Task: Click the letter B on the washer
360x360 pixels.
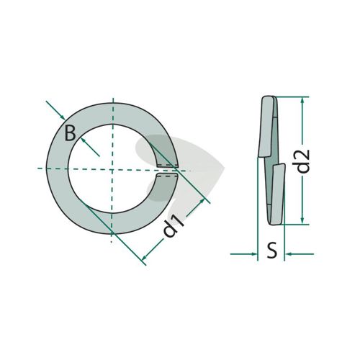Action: (71, 134)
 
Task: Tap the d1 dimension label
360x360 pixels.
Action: (174, 226)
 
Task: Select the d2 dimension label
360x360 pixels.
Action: (303, 161)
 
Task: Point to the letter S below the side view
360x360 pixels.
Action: (272, 251)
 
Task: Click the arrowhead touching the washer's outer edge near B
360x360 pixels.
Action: (63, 117)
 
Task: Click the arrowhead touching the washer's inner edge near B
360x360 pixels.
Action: (84, 140)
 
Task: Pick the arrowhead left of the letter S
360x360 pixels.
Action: (254, 253)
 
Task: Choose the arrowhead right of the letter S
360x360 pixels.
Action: (288, 253)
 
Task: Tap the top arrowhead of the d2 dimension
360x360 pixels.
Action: (302, 101)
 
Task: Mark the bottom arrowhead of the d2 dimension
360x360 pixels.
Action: (302, 220)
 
